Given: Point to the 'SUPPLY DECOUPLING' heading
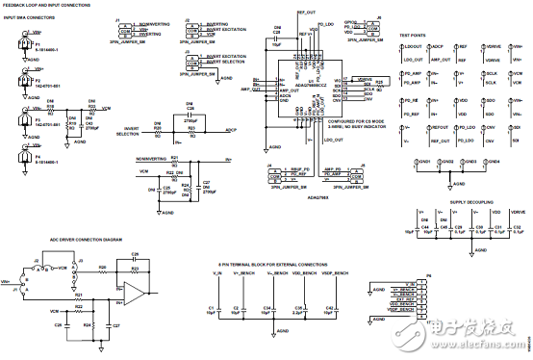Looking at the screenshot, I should (471, 204).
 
